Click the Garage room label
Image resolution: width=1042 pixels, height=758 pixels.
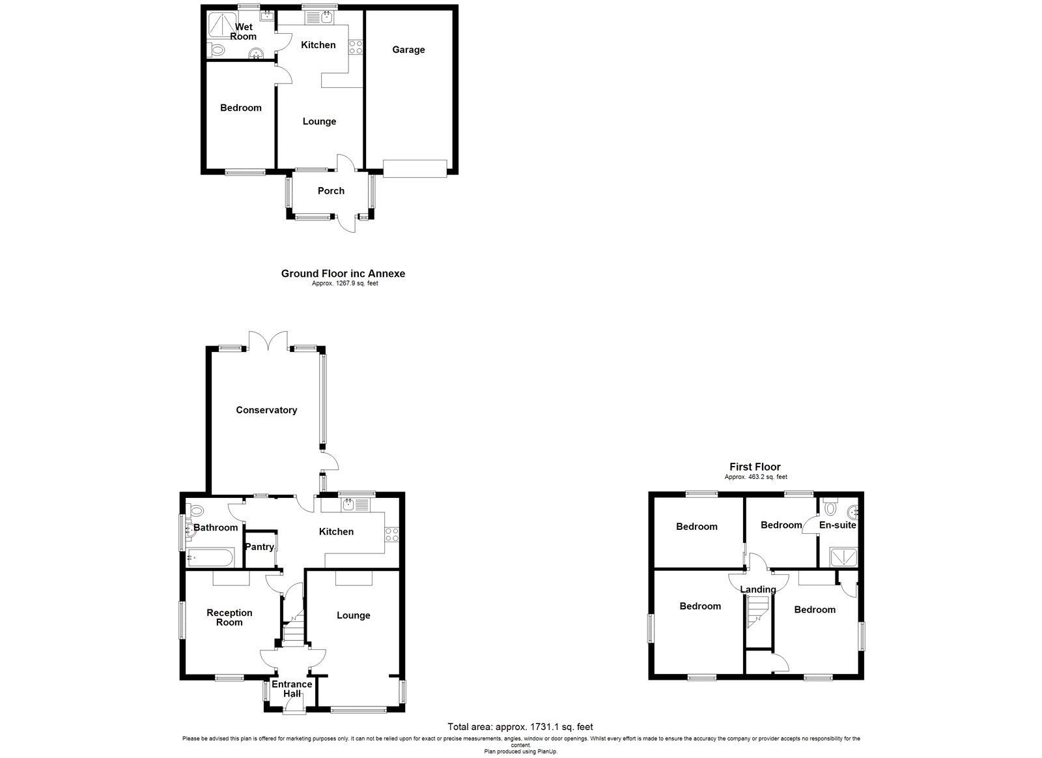[408, 50]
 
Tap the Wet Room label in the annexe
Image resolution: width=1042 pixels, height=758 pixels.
[244, 31]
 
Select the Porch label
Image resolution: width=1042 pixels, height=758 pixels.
[331, 191]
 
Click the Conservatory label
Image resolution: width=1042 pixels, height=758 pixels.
[266, 410]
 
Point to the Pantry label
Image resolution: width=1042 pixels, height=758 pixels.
[259, 547]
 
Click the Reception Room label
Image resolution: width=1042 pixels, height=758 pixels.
[229, 617]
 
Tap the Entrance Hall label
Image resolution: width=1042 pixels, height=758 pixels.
[292, 689]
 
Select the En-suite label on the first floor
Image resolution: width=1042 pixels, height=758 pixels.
[838, 525]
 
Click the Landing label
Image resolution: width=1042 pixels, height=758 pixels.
[758, 589]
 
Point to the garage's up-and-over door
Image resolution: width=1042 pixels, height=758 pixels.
[415, 168]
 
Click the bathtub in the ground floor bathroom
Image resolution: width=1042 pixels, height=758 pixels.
[208, 558]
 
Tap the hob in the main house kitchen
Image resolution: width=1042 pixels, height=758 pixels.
[392, 534]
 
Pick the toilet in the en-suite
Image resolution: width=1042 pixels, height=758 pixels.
[830, 507]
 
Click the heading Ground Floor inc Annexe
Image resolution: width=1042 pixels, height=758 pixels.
[343, 274]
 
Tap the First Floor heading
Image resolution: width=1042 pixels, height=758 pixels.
[755, 467]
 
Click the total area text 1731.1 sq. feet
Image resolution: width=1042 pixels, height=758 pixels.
[520, 726]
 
